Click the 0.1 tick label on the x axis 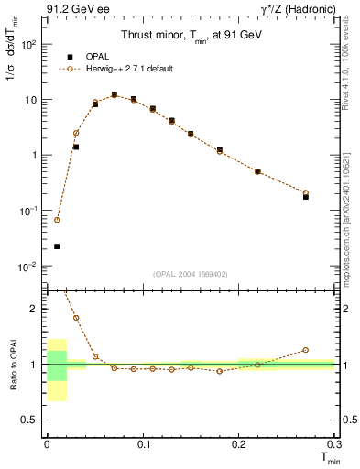[x=141, y=443]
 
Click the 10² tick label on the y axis [x=29, y=44]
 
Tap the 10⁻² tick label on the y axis [x=29, y=267]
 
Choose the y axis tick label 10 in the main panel [x=32, y=99]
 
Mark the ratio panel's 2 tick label [x=35, y=309]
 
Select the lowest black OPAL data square [x=57, y=246]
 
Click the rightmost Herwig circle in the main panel [x=306, y=192]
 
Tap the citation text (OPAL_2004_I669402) [x=190, y=274]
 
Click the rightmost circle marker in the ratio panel [x=306, y=350]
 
